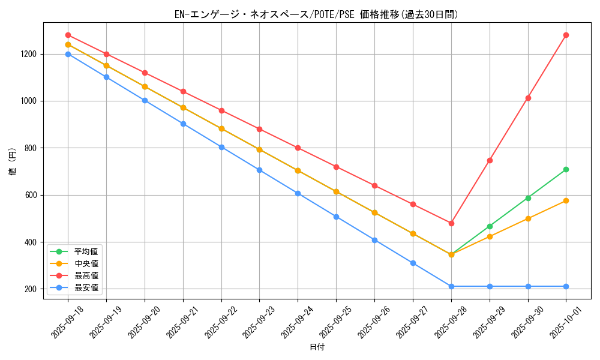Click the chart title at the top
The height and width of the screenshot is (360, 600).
(x=316, y=14)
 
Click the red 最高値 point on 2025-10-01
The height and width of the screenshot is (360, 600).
(x=566, y=35)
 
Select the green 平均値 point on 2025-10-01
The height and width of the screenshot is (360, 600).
(x=566, y=170)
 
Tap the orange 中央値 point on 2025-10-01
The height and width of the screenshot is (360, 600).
(x=566, y=200)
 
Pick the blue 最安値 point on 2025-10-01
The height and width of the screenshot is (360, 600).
(x=566, y=286)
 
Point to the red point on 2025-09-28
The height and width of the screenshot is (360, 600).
(x=451, y=223)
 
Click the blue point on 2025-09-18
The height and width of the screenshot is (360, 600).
(x=68, y=54)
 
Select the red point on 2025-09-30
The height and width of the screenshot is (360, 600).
(x=528, y=98)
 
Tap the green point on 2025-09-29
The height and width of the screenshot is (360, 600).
(x=490, y=226)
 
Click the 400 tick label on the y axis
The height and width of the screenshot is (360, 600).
(x=31, y=242)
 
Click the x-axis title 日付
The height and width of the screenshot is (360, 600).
(x=317, y=347)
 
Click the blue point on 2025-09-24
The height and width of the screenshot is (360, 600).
(x=298, y=193)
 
